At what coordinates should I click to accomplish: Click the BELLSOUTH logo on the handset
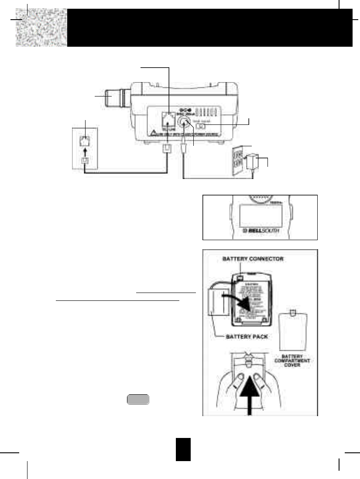(x=259, y=228)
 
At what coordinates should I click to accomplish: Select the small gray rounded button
(x=138, y=399)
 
